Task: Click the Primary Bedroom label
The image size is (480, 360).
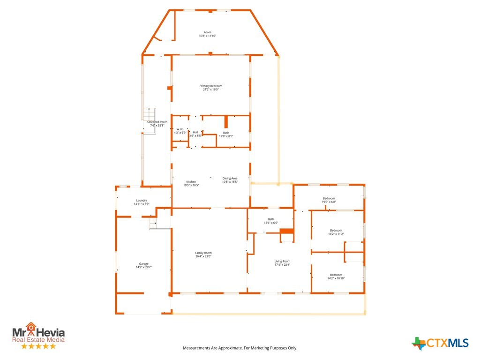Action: pyautogui.click(x=210, y=86)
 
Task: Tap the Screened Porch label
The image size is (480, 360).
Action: pyautogui.click(x=157, y=122)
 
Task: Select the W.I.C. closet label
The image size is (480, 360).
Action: pyautogui.click(x=180, y=129)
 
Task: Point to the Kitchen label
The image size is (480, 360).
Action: pyautogui.click(x=191, y=182)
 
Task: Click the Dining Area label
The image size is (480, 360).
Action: pyautogui.click(x=230, y=179)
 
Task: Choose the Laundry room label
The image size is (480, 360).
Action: pyautogui.click(x=142, y=201)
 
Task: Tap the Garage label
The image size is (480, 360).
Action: pyautogui.click(x=143, y=264)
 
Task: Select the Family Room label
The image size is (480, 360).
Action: pyautogui.click(x=203, y=253)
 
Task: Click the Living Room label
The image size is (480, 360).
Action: pyautogui.click(x=282, y=262)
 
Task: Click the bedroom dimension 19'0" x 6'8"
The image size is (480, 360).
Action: pyautogui.click(x=329, y=202)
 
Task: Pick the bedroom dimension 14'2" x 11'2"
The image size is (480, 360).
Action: pyautogui.click(x=336, y=234)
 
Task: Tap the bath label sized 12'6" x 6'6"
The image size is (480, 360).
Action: pyautogui.click(x=271, y=223)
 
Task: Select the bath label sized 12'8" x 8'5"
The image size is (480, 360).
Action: pyautogui.click(x=226, y=136)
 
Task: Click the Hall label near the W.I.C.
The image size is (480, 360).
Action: pyautogui.click(x=195, y=132)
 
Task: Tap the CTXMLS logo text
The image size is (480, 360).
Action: pyautogui.click(x=447, y=343)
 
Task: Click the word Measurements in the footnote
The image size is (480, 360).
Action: pyautogui.click(x=196, y=348)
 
